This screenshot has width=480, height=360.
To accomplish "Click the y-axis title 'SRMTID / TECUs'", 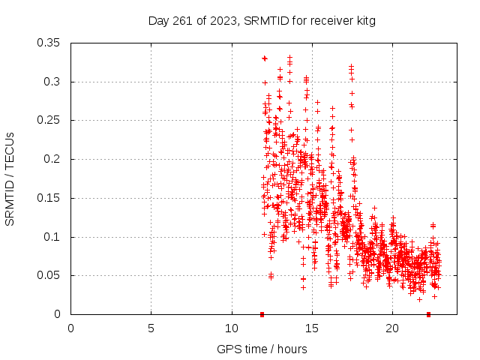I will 10,178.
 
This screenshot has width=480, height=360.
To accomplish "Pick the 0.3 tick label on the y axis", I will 55,82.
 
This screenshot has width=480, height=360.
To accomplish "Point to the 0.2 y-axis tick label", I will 55,159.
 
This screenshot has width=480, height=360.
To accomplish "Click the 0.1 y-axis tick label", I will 55,237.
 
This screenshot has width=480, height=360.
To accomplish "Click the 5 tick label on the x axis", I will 151,328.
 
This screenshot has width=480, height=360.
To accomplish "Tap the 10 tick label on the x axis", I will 231,328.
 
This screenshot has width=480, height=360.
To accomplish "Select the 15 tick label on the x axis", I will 311,328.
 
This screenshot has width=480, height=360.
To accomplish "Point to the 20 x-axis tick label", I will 391,328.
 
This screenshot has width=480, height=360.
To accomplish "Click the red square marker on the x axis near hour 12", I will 262,314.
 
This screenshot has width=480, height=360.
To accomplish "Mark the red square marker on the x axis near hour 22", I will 428,314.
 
